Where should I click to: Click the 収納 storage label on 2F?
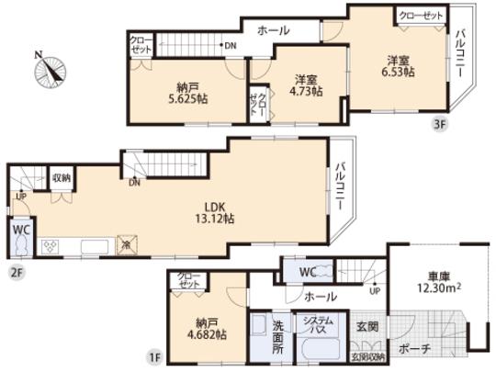tap(62, 178)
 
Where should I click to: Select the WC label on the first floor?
tap(307, 273)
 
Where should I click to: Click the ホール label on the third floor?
tap(273, 30)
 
